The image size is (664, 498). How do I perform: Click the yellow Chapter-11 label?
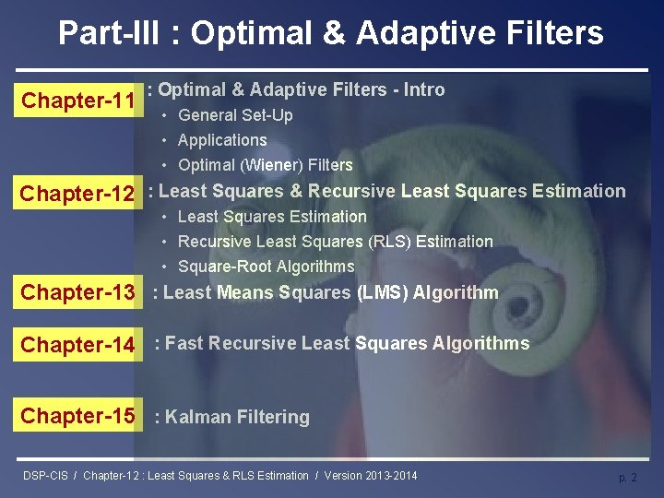(78, 100)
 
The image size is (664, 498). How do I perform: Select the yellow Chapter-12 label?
(77, 192)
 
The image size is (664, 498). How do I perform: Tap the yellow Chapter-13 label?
(77, 291)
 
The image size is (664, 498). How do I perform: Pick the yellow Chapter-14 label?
(77, 344)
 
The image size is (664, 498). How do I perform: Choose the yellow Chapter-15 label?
(77, 415)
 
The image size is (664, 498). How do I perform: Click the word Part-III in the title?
(109, 32)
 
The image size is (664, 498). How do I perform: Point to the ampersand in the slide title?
(334, 32)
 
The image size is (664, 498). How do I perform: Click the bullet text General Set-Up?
(235, 115)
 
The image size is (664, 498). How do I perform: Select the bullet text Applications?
(222, 140)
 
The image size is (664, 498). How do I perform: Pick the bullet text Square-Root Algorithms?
(267, 267)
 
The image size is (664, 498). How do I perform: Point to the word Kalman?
(197, 416)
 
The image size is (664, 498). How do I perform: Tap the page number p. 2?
(628, 478)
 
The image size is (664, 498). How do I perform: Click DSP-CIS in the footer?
(45, 476)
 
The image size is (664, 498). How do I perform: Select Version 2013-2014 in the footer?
(371, 476)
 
